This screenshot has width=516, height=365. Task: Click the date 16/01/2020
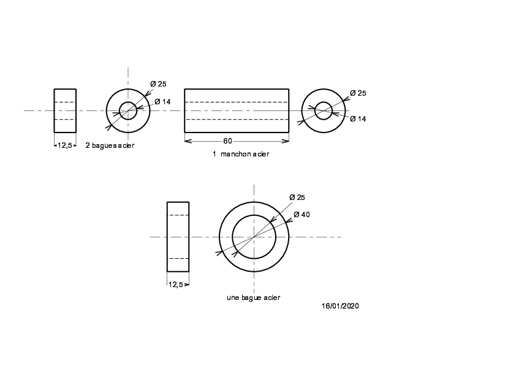[340, 306]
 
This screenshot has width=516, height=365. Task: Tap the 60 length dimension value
[227, 141]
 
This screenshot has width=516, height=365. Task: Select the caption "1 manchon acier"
[241, 154]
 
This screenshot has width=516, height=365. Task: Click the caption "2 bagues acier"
[110, 145]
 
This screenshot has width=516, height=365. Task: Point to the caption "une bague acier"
[253, 298]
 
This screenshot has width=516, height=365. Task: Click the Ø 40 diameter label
[302, 215]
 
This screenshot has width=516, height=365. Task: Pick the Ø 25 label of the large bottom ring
[297, 198]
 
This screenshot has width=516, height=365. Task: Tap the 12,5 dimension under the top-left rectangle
[64, 145]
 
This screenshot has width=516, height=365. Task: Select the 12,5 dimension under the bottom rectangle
[175, 285]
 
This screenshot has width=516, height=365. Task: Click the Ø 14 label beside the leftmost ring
[162, 102]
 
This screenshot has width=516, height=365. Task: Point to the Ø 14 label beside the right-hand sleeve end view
[358, 119]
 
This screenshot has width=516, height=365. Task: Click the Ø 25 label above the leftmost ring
[158, 84]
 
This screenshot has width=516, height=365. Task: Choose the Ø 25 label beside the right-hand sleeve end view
[358, 93]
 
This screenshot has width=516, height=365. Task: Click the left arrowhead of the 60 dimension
[188, 141]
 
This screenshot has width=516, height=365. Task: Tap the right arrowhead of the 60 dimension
[286, 141]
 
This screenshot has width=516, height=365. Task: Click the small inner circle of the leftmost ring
[128, 102]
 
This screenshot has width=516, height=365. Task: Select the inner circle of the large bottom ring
[254, 215]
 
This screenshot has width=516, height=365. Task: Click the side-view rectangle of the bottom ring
[167, 237]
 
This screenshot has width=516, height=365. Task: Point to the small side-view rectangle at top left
[55, 110]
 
